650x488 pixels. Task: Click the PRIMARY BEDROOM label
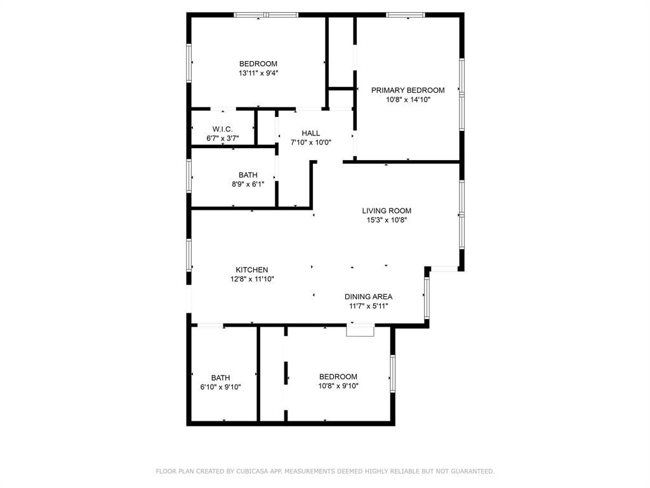pos(408,90)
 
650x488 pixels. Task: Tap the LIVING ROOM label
pos(387,211)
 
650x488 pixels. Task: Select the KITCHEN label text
pos(252,270)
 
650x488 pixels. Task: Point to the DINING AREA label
pos(368,297)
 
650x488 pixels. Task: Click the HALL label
pos(311,133)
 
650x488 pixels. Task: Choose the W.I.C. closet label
pos(223,129)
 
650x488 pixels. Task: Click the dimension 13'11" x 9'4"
pos(258,73)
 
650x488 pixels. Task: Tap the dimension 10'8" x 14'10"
pos(408,99)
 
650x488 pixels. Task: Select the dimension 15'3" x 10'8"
pos(387,220)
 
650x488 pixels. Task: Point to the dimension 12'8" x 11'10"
pos(252,279)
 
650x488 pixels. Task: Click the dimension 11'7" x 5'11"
pos(368,306)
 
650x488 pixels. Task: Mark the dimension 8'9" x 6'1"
pos(248,184)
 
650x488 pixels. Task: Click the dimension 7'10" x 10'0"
pos(311,142)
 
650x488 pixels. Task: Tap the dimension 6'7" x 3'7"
pos(223,138)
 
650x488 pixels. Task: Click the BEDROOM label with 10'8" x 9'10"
pos(338,377)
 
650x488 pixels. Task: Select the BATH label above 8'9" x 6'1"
pos(248,175)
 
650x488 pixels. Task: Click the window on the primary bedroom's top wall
pos(406,15)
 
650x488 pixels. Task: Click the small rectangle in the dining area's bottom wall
pos(360,330)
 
